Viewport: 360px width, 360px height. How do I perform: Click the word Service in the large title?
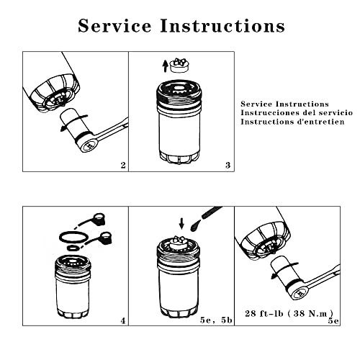[114, 25]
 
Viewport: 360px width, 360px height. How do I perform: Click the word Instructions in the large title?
[222, 25]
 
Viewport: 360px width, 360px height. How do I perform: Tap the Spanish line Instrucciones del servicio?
[297, 112]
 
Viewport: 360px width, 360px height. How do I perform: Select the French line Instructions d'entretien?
[292, 122]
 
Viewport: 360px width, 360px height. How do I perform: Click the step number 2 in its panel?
[123, 165]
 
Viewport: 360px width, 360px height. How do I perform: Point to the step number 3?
[228, 165]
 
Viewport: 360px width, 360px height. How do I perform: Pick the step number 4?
[123, 320]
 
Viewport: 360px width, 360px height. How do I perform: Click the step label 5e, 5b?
[216, 320]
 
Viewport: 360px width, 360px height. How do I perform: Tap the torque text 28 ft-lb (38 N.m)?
[289, 313]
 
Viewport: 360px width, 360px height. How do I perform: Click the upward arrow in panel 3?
[165, 66]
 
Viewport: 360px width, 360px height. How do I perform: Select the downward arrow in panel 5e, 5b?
[181, 223]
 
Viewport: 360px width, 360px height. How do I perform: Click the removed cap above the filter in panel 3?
[179, 65]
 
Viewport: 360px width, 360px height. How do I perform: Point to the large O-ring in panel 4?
[73, 237]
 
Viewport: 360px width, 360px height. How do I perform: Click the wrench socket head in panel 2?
[90, 145]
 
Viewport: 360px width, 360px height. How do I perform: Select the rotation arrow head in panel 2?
[63, 129]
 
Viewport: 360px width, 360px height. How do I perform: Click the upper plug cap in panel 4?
[99, 219]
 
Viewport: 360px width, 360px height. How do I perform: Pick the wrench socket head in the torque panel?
[300, 293]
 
